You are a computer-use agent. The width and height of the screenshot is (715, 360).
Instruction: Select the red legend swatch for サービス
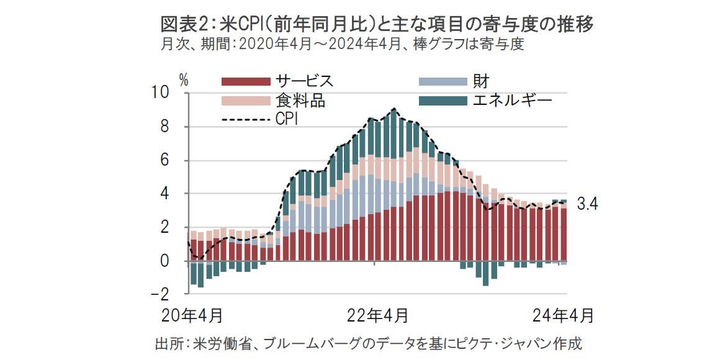point(246,81)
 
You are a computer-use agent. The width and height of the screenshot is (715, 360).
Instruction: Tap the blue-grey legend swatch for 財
point(443,81)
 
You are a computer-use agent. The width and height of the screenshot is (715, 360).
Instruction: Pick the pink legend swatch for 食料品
point(246,101)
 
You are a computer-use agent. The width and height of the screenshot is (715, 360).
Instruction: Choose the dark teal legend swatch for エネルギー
point(443,101)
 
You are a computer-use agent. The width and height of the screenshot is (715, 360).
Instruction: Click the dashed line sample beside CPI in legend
point(246,119)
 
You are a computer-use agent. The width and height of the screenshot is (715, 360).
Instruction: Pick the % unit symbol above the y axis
point(184,79)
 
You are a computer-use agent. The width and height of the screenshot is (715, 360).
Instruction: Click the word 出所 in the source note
point(167,343)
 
